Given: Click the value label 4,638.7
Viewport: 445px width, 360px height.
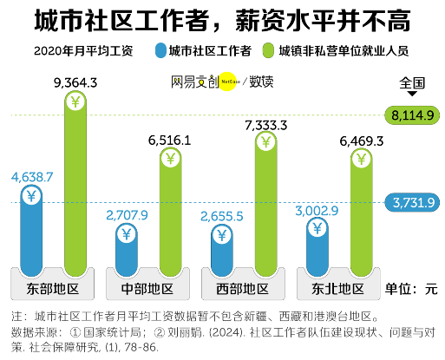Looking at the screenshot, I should [32, 176].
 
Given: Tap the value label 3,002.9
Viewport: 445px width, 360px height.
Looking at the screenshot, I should [318, 210].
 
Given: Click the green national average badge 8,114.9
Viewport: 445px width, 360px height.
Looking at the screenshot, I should [413, 115].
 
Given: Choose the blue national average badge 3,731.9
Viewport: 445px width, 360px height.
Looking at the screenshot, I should [413, 202].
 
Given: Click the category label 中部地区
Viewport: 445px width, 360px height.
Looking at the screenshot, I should [146, 287].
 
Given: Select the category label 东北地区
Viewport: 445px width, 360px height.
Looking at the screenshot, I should [336, 287].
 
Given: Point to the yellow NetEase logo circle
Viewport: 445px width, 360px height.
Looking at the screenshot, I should [229, 82].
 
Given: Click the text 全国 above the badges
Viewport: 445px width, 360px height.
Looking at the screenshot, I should [413, 84].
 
